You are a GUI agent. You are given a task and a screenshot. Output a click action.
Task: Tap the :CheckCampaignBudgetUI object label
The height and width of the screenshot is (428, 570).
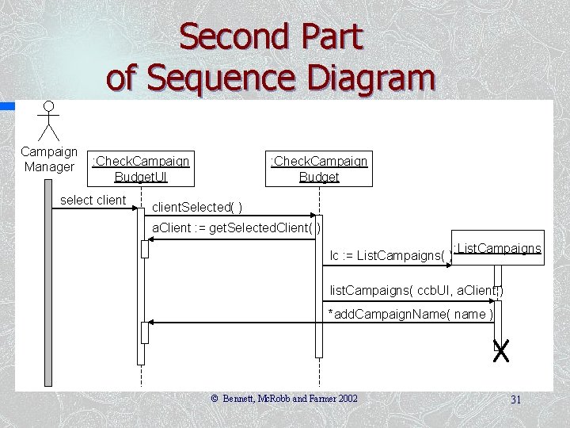pyautogui.click(x=141, y=169)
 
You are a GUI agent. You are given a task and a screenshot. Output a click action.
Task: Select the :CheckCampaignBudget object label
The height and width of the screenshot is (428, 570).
pyautogui.click(x=319, y=169)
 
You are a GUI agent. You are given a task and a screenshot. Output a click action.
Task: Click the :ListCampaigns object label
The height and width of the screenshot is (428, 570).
pyautogui.click(x=497, y=249)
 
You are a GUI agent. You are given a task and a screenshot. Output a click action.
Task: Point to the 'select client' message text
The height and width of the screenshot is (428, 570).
pyautogui.click(x=93, y=200)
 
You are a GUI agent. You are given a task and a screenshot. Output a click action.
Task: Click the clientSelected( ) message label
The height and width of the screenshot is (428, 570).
pyautogui.click(x=197, y=208)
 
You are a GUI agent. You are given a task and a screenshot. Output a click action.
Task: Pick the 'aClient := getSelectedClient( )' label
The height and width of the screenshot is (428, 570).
pyautogui.click(x=236, y=228)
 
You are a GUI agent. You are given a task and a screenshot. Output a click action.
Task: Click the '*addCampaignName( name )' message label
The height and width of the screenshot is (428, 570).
pyautogui.click(x=412, y=315)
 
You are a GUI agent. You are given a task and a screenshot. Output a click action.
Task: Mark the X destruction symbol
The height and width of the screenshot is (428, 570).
pyautogui.click(x=500, y=351)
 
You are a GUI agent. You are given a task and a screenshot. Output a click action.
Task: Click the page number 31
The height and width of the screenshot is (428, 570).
pyautogui.click(x=516, y=399)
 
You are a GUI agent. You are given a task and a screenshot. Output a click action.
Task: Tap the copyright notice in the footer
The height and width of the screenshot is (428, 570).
pyautogui.click(x=284, y=399)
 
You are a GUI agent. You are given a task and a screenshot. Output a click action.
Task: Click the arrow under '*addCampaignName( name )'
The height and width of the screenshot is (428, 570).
pyautogui.click(x=317, y=323)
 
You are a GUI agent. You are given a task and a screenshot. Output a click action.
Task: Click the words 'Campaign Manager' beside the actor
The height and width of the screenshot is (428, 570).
pyautogui.click(x=49, y=159)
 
